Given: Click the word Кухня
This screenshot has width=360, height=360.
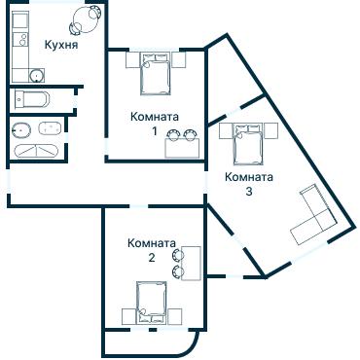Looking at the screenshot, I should pos(61,45).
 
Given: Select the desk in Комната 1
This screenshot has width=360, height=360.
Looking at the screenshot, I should pos(182,145).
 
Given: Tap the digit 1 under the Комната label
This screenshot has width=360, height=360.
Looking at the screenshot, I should pos(154,130).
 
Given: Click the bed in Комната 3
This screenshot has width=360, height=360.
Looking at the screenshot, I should pos(245,145).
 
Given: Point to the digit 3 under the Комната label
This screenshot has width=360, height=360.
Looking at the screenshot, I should pos(249,192).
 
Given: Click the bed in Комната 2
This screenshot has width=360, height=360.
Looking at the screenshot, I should pos(151,302).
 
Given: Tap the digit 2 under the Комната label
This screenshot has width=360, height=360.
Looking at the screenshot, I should pos(152,258).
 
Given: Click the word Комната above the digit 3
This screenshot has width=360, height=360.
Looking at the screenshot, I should pos(249,177).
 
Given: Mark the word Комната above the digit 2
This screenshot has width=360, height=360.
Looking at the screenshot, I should pos(152,243).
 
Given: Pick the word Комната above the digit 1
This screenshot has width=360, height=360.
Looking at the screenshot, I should pos(154,116).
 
